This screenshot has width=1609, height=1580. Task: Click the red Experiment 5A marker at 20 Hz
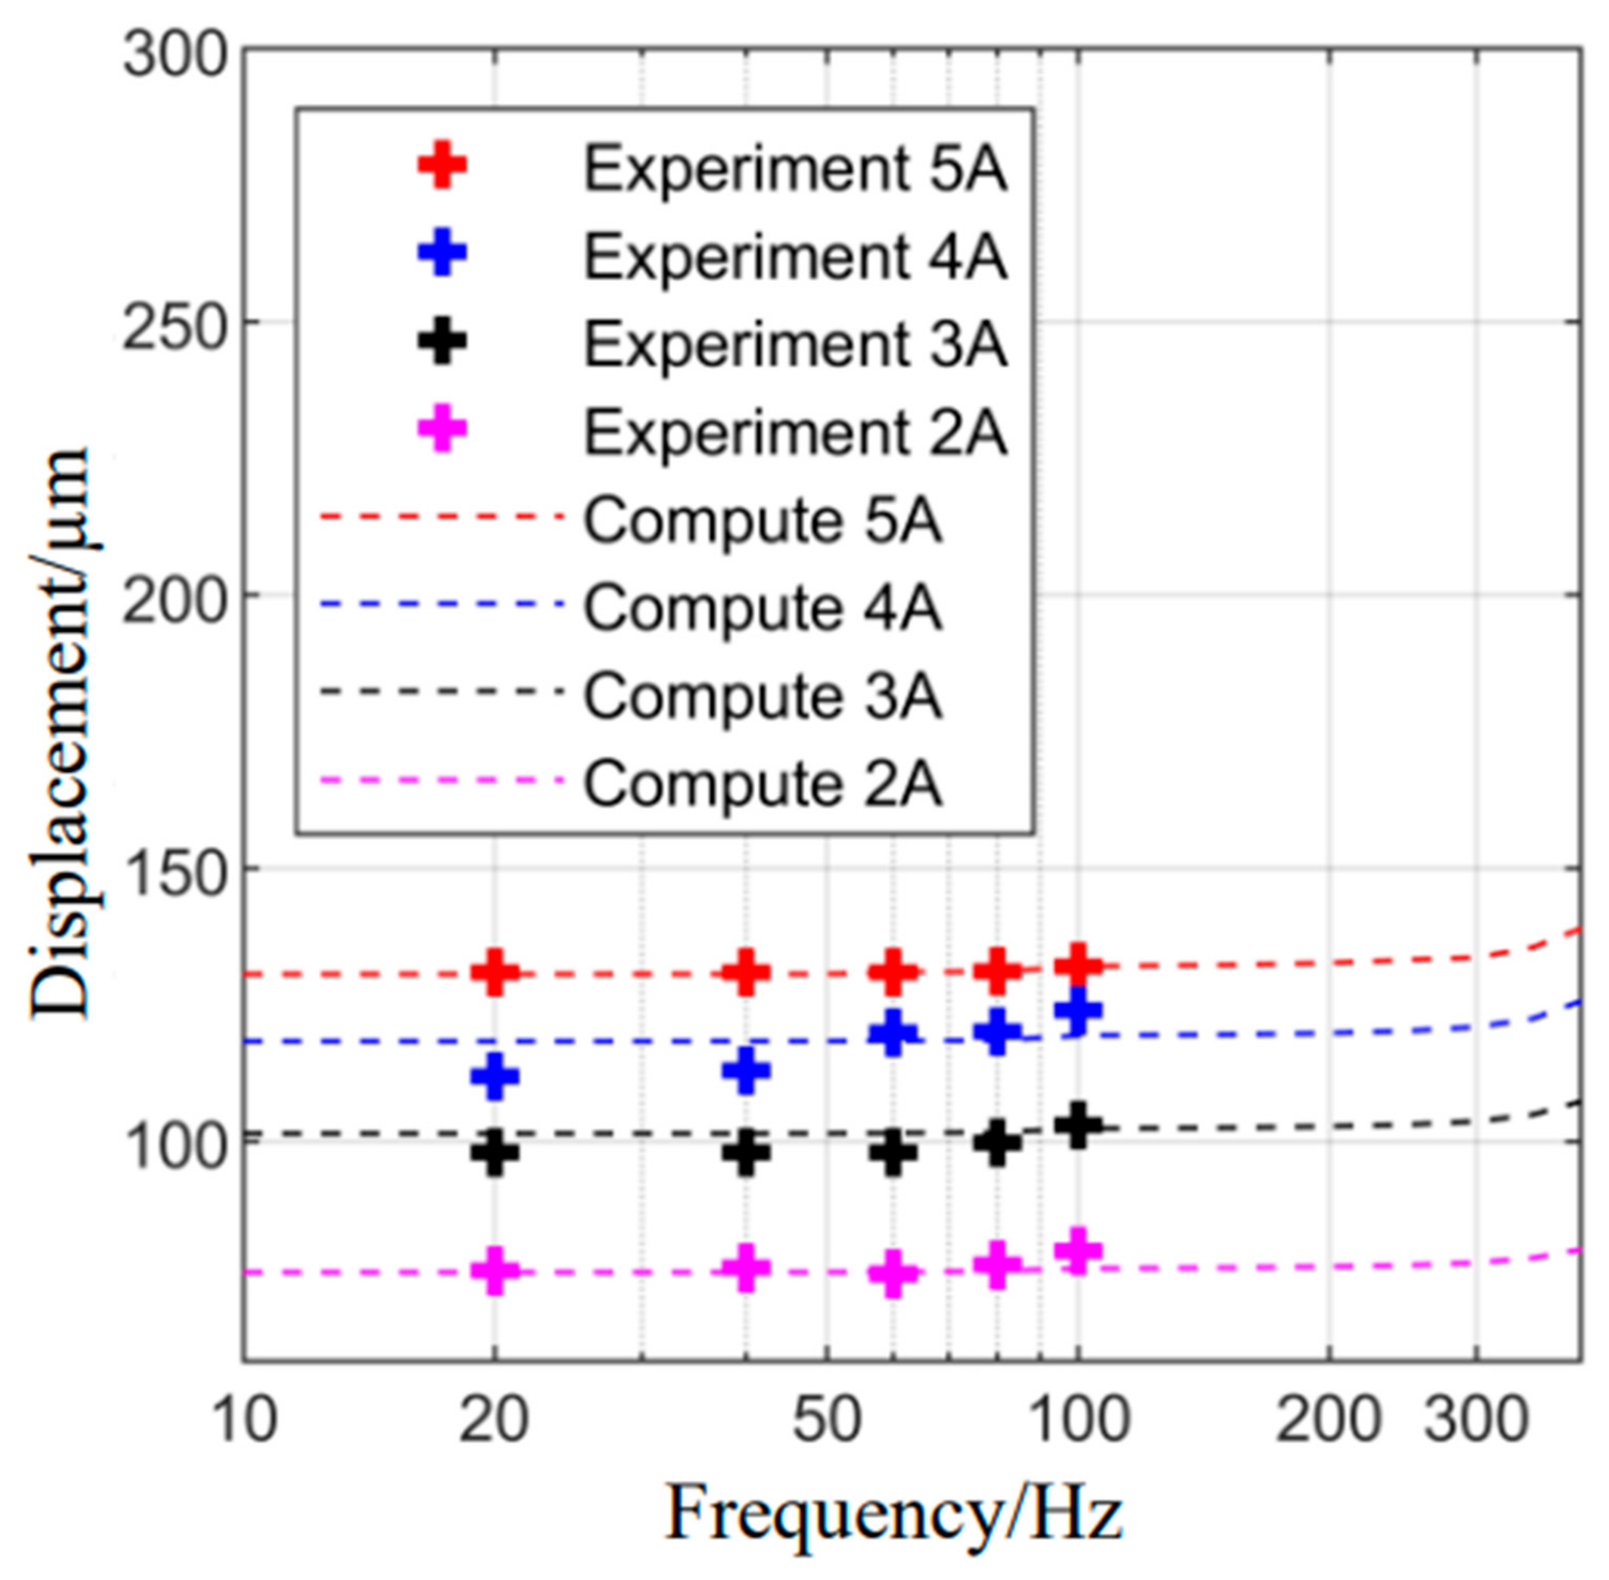coord(495,972)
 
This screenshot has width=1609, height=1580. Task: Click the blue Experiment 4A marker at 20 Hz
coord(495,1076)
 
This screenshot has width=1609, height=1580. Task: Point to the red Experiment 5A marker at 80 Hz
coord(997,970)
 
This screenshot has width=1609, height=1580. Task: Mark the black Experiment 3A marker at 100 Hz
coord(1078,1126)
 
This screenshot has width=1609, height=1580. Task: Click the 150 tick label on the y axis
coord(174,869)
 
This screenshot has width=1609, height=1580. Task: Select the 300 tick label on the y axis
coord(174,57)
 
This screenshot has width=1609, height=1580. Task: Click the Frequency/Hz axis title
coord(894,1514)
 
